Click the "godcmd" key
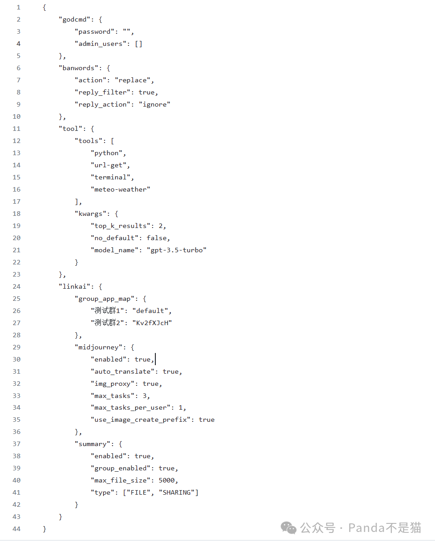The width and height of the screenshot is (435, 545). [75, 19]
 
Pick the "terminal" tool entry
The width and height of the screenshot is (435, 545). [112, 177]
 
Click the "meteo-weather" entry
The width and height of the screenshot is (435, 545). [120, 189]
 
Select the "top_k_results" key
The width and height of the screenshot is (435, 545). [120, 226]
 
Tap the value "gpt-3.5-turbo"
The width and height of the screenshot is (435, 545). [176, 250]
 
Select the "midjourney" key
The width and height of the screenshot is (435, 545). [98, 347]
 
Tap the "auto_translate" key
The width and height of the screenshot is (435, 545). [122, 371]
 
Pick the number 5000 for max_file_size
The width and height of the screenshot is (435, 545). [168, 480]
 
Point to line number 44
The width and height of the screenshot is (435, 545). [16, 529]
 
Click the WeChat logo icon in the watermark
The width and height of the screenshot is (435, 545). [289, 527]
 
